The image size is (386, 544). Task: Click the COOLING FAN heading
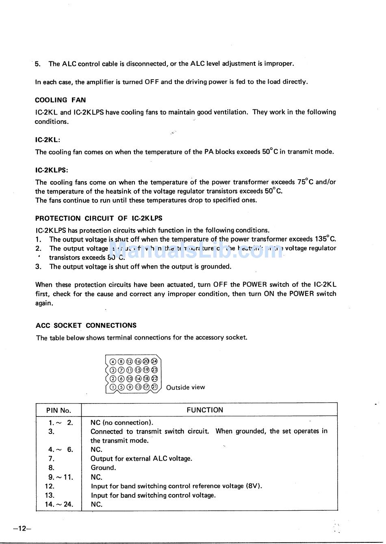pos(60,100)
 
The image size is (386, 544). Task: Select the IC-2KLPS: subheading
pos(52,170)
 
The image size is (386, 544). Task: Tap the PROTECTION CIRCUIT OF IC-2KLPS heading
pos(99,218)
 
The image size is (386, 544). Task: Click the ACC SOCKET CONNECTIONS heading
pos(86,325)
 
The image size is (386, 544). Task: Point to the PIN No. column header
pos(59,410)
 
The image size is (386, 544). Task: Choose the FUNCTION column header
pos(205,410)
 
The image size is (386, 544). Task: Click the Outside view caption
pos(185,387)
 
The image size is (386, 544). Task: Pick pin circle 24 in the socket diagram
pos(154,361)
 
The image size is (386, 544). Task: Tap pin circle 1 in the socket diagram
pos(113,387)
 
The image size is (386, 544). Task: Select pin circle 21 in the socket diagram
pos(154,387)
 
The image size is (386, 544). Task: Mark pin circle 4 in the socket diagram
pos(113,362)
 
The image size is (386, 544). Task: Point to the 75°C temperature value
pos(305,182)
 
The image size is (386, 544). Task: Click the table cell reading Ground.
pos(103,468)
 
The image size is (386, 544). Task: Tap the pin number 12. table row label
pos(50,486)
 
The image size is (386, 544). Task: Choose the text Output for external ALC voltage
pos(141,459)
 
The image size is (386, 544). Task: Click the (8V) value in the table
pos(254,486)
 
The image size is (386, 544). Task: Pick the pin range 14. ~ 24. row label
pos(59,504)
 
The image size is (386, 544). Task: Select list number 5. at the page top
pos(38,64)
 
